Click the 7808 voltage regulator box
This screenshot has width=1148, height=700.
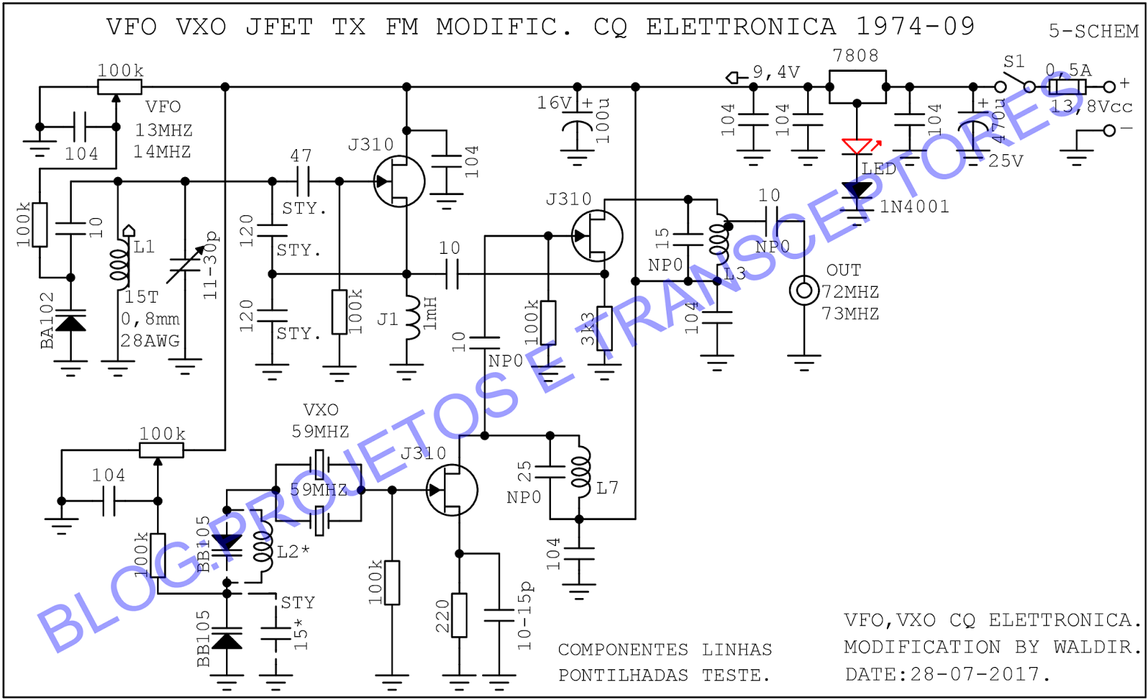pos(857,86)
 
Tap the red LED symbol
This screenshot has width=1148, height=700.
pos(857,147)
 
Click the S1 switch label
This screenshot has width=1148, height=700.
pos(1014,62)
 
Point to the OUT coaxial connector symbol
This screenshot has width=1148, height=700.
pos(804,290)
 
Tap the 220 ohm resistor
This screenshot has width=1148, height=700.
pos(459,615)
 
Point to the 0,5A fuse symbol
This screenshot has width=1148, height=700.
pos(1067,87)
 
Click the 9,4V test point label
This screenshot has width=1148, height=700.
pos(776,72)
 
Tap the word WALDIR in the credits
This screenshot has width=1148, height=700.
pos(1096,647)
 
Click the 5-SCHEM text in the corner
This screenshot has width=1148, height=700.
pos(1093,32)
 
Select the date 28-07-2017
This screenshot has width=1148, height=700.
pos(975,674)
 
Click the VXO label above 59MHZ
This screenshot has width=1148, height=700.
pos(321,410)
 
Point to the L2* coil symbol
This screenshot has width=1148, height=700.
pos(265,549)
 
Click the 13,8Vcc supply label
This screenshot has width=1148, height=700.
pos(1091,107)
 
